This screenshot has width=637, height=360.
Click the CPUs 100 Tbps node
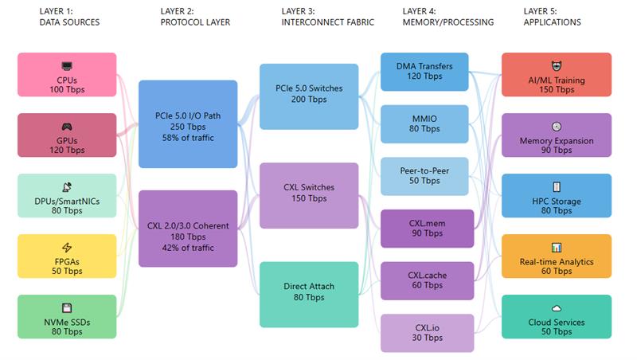click(67, 75)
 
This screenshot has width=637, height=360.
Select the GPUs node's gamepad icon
click(67, 127)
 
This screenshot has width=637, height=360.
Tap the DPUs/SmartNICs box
click(67, 196)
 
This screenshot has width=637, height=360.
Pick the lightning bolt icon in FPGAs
click(67, 248)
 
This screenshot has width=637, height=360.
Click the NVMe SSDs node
click(67, 317)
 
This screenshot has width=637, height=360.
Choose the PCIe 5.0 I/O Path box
click(188, 123)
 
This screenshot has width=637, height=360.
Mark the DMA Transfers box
click(424, 72)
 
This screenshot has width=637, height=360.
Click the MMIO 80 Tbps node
click(424, 123)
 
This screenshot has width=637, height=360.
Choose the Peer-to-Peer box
click(424, 176)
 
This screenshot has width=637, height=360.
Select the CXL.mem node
click(424, 229)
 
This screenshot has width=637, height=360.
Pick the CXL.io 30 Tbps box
click(424, 333)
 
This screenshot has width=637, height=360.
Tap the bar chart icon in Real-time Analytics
click(557, 248)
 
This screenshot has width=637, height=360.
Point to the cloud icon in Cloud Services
click(557, 309)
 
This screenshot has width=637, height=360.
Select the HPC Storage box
click(557, 196)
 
